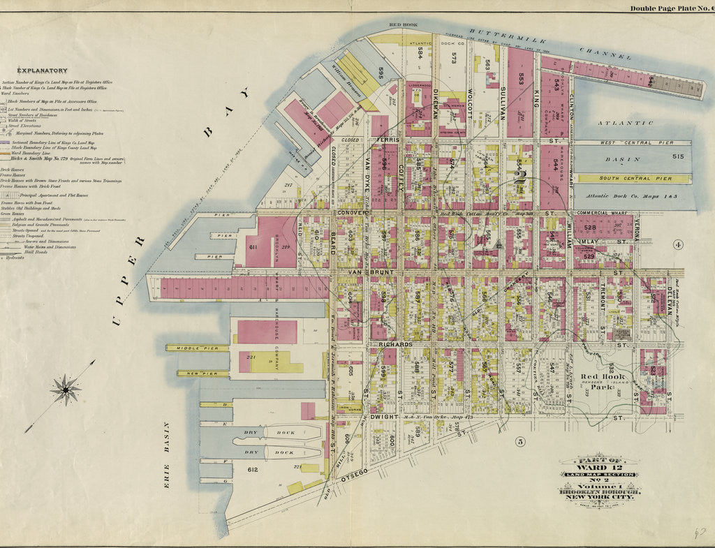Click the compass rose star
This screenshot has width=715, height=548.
(65, 389)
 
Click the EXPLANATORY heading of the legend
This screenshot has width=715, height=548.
(43, 71)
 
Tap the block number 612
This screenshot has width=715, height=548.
(253, 470)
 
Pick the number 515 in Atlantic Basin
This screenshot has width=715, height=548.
(677, 157)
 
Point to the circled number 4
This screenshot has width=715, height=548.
(677, 244)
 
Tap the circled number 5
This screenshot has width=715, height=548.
(519, 440)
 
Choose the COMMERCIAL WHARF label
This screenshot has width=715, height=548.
(602, 212)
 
